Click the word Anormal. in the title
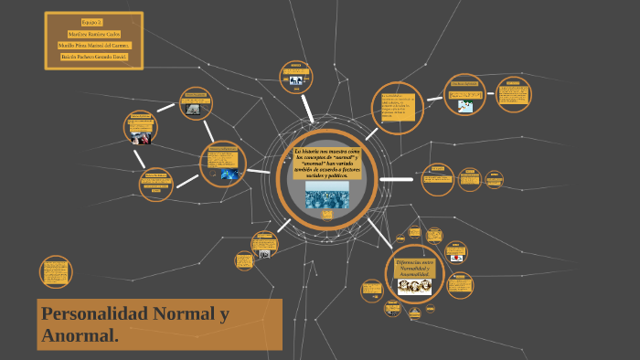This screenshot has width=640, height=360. [x=80, y=336]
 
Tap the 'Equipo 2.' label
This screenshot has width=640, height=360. [x=91, y=21]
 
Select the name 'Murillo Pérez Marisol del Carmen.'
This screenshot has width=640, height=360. [x=94, y=45]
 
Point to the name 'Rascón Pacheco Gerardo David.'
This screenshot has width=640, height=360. [x=94, y=57]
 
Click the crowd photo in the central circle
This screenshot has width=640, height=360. [x=326, y=194]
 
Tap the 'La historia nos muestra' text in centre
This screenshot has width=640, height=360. [x=326, y=162]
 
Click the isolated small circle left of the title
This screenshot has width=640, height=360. [x=56, y=271]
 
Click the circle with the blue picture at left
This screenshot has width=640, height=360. [x=223, y=164]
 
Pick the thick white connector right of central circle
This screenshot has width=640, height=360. [x=395, y=179]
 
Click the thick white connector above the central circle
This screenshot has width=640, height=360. [x=308, y=111]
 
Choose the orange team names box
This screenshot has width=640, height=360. [x=93, y=39]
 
